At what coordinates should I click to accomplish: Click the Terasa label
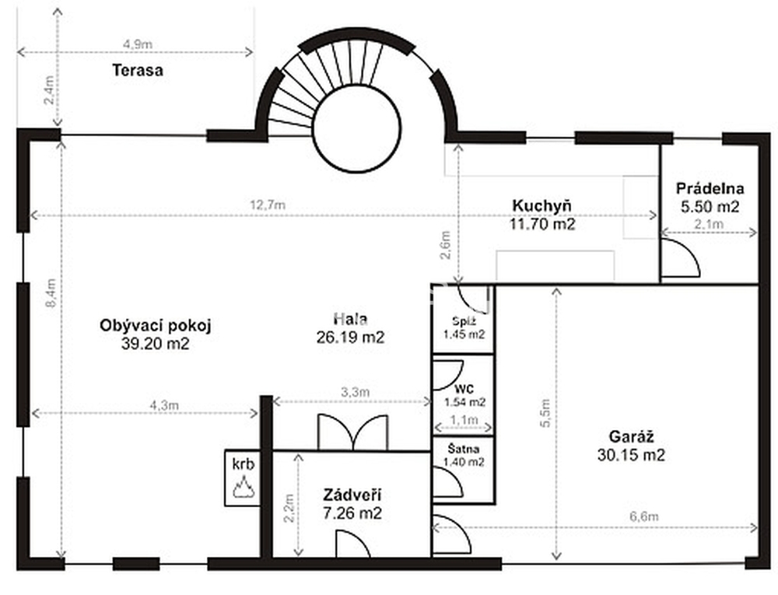coord(138,70)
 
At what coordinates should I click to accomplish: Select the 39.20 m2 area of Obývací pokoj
coord(156,343)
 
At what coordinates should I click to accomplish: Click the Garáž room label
coord(631,437)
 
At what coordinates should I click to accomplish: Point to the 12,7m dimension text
coord(268,205)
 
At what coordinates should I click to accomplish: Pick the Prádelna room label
coord(710,188)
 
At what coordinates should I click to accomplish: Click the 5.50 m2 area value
coord(710,206)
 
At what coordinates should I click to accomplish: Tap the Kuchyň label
coord(541,205)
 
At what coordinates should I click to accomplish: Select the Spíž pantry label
coord(464,320)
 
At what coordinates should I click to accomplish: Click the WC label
coord(463,389)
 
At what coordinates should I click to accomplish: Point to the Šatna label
coord(464,449)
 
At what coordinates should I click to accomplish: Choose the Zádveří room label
coord(352,495)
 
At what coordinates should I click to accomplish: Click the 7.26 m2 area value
coord(352,513)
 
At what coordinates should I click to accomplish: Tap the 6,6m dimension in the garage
coord(644,516)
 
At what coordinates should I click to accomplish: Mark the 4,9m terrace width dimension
coord(138,44)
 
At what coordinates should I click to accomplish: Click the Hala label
coord(350,319)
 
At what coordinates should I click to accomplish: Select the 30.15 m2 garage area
coord(631,455)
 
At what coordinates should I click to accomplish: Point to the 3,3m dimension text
coord(356,392)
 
